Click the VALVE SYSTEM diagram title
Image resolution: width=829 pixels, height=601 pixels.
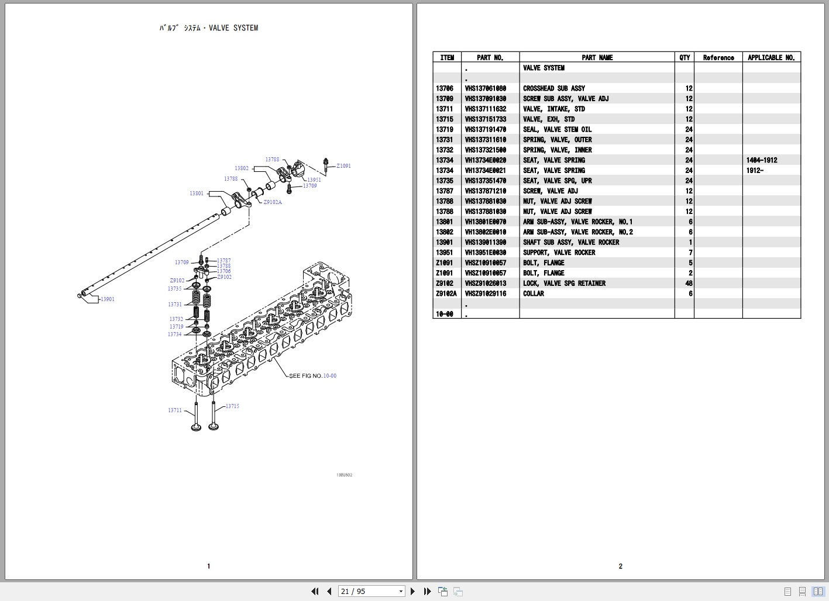coord(209,28)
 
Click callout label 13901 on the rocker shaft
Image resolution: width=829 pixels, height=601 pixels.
coord(108,299)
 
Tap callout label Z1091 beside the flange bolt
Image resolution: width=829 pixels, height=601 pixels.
coord(343,166)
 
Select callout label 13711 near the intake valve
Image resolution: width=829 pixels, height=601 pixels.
coord(175,410)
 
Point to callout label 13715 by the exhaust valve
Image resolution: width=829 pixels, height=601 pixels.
coord(232,406)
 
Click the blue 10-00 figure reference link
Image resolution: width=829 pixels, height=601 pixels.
coord(330,376)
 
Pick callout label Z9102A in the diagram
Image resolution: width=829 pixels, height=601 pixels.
coord(272,202)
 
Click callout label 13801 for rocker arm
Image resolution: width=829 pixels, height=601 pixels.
coord(197,194)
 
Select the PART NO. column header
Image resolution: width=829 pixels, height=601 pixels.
coord(490,57)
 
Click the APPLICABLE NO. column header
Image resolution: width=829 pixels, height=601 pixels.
coord(771,57)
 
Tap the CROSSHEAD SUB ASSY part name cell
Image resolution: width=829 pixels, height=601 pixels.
coord(553,88)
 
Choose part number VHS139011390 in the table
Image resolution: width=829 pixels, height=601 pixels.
coord(486,242)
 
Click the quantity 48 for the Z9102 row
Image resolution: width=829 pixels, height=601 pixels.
coord(689,284)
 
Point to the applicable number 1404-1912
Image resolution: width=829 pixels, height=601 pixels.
coord(762,160)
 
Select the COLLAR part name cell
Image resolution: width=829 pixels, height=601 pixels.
coord(534,293)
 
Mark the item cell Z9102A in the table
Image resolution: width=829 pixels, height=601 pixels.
coord(446,293)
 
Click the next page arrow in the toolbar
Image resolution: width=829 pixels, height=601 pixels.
coord(413,592)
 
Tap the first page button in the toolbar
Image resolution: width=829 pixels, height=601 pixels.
coord(315,592)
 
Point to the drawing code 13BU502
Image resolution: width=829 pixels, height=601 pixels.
coord(344,475)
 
